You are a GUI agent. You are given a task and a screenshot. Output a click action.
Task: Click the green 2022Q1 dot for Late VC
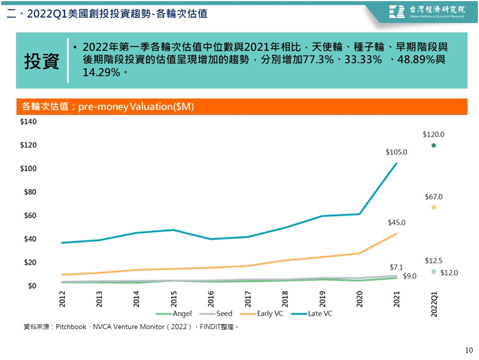tap(433, 146)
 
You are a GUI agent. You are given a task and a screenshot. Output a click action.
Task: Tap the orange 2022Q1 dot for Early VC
tap(433, 207)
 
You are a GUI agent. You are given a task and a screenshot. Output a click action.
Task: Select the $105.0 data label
tap(396, 152)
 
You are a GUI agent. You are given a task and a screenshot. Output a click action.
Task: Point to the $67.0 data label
tap(433, 197)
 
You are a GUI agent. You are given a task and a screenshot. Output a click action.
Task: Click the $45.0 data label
tap(396, 223)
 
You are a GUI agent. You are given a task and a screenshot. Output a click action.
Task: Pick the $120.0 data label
tap(433, 135)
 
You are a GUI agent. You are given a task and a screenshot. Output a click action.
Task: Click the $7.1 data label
tap(396, 267)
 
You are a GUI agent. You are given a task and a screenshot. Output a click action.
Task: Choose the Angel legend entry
tap(174, 314)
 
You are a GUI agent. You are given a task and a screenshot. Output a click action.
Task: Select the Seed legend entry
tap(216, 314)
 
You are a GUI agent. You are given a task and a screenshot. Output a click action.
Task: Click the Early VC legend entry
tap(262, 314)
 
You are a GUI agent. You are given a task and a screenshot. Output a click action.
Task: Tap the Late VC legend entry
tap(311, 314)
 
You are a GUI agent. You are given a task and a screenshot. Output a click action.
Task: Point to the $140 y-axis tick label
tap(28, 122)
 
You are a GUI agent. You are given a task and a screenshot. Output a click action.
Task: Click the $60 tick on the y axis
tap(30, 216)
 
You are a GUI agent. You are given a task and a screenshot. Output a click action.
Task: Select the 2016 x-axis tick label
tap(211, 299)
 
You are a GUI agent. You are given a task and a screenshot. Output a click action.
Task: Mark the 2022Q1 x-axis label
tap(434, 304)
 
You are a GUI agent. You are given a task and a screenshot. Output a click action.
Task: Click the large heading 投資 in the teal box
tap(41, 61)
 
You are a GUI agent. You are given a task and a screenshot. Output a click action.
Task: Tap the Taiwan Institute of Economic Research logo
tap(427, 12)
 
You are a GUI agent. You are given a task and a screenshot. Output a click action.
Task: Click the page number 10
tap(469, 350)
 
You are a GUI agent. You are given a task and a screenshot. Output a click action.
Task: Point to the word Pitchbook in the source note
tap(71, 327)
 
